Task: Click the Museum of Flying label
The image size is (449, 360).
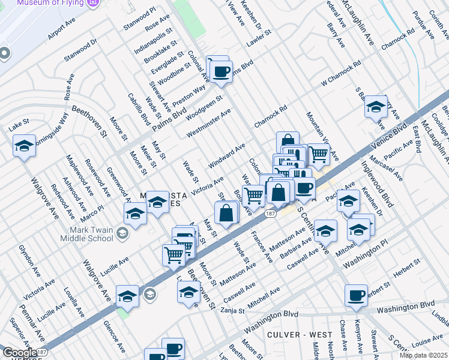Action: click(x=50, y=3)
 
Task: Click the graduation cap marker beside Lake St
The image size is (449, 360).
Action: click(x=24, y=146)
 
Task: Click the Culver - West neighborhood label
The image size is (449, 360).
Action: click(x=293, y=334)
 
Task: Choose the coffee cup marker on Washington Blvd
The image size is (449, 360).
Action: click(x=357, y=295)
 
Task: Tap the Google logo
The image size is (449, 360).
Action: click(x=19, y=352)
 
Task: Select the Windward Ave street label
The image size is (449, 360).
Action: click(x=227, y=156)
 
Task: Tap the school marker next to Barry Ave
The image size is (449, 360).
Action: click(x=376, y=107)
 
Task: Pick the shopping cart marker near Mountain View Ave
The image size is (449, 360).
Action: click(x=318, y=154)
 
